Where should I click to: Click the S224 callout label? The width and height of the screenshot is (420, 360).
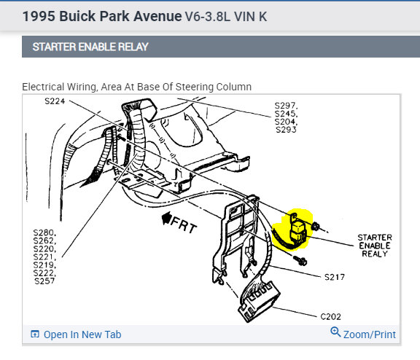click(55, 101)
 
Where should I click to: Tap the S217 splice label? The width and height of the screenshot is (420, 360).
click(335, 277)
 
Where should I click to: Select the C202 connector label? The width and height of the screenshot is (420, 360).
click(331, 316)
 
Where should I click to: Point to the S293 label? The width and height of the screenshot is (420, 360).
click(286, 130)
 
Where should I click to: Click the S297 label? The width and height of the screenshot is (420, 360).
click(286, 106)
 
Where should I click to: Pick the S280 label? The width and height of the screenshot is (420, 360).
click(44, 232)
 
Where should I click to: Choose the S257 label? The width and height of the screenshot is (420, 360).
click(44, 281)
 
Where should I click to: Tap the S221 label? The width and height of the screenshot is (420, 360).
click(44, 257)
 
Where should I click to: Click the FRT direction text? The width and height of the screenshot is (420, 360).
click(184, 225)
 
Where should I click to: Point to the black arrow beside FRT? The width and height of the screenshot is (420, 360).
click(166, 218)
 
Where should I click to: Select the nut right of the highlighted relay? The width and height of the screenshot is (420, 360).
click(315, 227)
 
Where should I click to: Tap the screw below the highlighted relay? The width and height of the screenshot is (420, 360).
click(300, 260)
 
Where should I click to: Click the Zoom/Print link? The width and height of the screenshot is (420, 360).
click(370, 334)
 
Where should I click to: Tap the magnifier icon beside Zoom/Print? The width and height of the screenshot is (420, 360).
click(335, 332)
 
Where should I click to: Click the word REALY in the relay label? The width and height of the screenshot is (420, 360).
click(375, 254)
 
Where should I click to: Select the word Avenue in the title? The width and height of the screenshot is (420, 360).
click(157, 16)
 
